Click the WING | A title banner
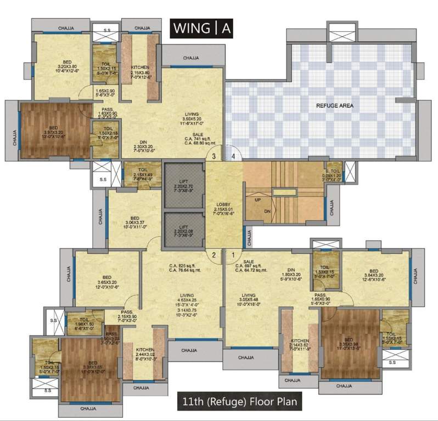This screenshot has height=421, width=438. click(201, 27)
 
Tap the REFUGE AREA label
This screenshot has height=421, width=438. click(334, 105)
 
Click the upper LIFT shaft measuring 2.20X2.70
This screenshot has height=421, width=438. click(184, 184)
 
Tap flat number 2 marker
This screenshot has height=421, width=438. click(215, 254)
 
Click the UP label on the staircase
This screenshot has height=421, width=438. click(257, 200)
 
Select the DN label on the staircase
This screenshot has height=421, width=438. click(268, 210)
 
